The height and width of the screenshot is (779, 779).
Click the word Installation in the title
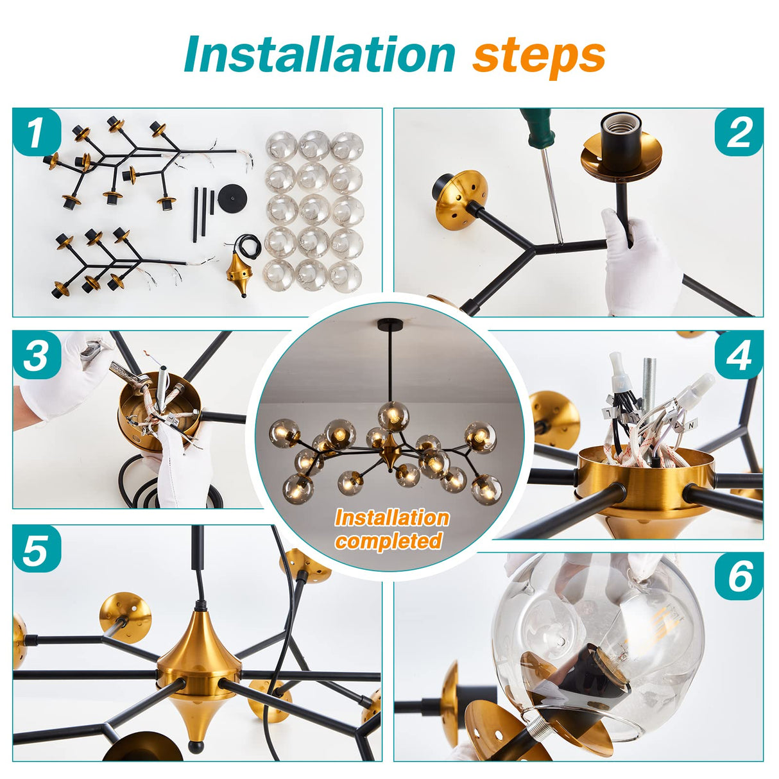[319, 55]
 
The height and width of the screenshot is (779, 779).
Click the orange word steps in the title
[539, 56]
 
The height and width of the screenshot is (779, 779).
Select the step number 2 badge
[739, 133]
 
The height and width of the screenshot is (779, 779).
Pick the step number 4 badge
[739, 355]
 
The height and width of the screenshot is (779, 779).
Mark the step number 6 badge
[739, 576]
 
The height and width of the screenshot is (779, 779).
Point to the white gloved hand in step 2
[638, 263]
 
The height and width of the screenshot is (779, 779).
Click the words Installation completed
[391, 529]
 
